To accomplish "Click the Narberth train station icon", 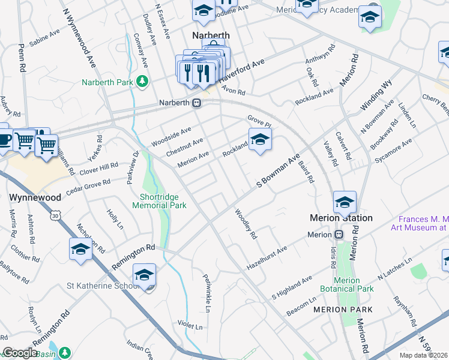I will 196,103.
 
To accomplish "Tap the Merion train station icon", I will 339,235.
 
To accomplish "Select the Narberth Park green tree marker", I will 142,80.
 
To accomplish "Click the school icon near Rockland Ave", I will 259,140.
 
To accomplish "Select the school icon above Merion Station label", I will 345,202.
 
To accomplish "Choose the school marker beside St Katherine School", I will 144,275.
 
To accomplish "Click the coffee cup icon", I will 4,139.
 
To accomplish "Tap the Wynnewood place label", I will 35,197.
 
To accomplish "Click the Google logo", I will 19,353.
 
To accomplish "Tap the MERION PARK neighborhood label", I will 343,310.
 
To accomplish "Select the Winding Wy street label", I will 376,95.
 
